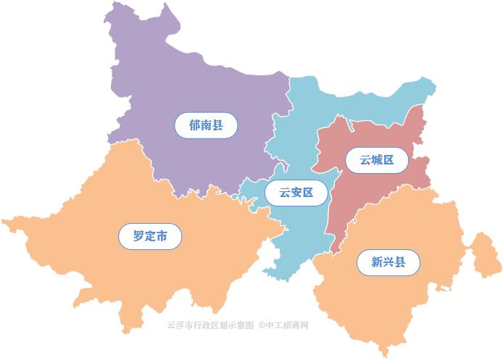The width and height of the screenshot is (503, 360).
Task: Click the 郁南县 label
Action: [x=206, y=125]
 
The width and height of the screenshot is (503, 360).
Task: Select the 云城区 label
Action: [x=377, y=160]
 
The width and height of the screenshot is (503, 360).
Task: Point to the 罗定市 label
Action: [x=150, y=236]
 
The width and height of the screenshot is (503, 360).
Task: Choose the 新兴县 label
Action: [x=388, y=262]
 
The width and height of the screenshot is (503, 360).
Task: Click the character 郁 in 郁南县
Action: [x=194, y=125]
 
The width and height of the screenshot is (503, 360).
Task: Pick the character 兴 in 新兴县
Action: [x=388, y=262]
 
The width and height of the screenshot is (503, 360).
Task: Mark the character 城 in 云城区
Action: [x=377, y=160]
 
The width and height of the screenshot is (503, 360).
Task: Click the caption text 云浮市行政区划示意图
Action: [x=210, y=325]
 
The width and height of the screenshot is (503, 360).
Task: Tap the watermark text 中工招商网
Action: [x=288, y=325]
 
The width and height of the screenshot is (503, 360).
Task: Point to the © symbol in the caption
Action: [x=262, y=325]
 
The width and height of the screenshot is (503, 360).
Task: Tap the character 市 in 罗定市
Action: [x=162, y=236]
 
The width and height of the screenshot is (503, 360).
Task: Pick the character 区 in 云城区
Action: [x=388, y=160]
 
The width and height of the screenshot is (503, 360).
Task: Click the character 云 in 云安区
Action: [x=278, y=193]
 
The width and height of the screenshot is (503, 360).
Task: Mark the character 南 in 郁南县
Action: [x=206, y=125]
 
